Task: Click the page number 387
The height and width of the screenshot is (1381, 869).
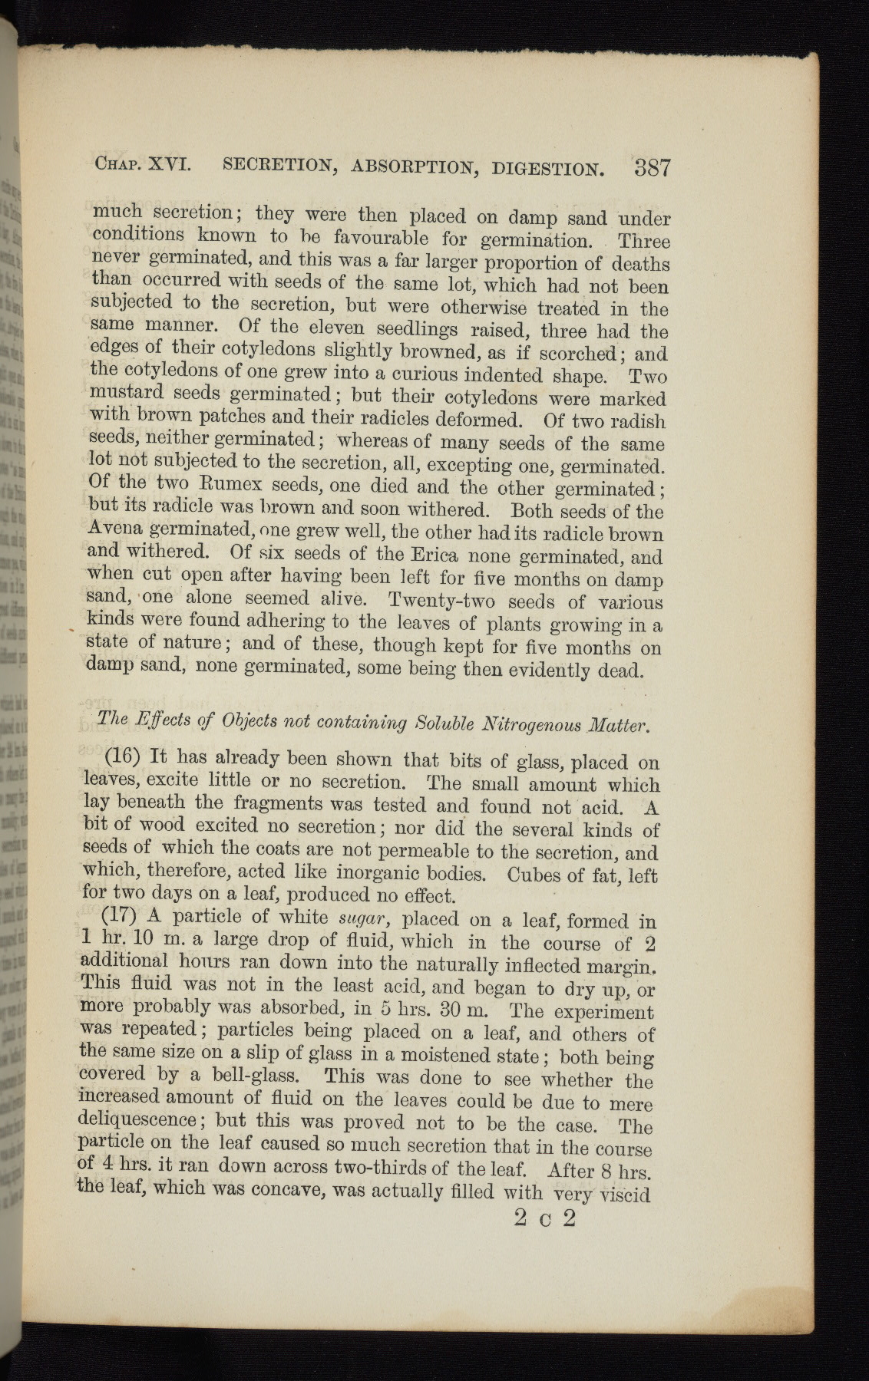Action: coord(653,167)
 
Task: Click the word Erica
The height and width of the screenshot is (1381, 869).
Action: coord(434,553)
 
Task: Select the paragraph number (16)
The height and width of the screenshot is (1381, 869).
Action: coord(120,756)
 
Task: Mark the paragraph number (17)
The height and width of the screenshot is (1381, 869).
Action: coord(121,916)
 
